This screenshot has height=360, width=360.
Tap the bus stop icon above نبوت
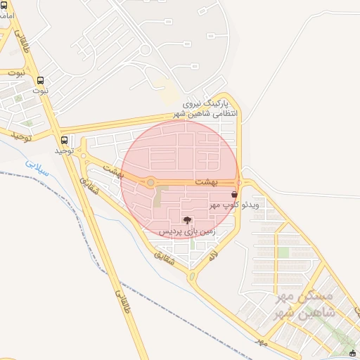40,80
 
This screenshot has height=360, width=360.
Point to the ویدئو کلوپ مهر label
234,205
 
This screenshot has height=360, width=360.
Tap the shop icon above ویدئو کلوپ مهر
234,194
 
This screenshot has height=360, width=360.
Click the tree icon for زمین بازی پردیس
186,220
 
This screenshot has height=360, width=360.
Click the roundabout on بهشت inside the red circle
150,183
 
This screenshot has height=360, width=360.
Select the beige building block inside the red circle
161,195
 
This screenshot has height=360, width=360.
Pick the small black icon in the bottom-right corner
353,353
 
